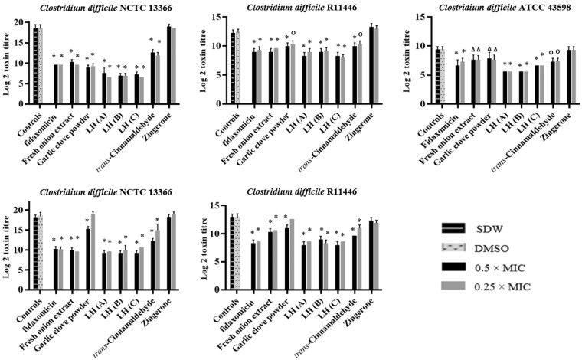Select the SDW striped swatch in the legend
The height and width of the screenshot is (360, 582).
[458, 229]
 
